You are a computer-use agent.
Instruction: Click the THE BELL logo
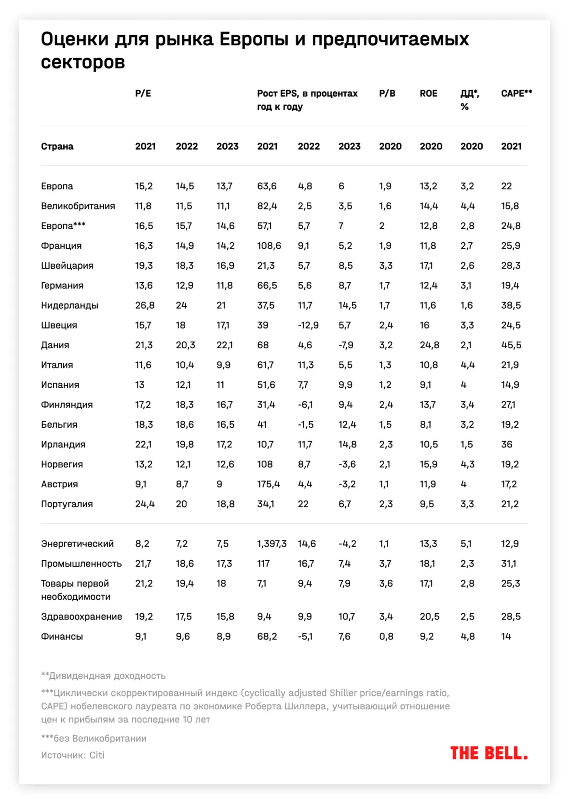(x=488, y=753)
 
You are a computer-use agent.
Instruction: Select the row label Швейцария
(x=67, y=265)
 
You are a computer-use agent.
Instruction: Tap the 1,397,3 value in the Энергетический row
(x=271, y=544)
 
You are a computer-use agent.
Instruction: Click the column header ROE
(x=428, y=93)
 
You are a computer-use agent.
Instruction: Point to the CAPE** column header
(x=516, y=93)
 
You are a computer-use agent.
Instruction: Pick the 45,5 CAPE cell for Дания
(x=511, y=345)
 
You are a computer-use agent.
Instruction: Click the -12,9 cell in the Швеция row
(x=308, y=325)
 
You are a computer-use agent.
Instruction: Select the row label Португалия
(x=67, y=504)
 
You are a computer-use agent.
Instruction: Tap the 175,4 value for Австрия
(x=268, y=484)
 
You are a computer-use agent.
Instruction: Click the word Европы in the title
(x=254, y=39)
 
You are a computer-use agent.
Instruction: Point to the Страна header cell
(x=57, y=146)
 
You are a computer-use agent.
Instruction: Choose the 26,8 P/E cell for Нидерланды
(x=145, y=305)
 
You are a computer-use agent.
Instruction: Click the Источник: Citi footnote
(x=72, y=755)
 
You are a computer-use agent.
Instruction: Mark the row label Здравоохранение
(x=81, y=616)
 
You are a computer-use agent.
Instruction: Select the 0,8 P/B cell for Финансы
(x=386, y=636)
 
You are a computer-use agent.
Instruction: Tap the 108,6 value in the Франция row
(x=269, y=246)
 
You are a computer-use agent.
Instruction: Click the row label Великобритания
(x=78, y=206)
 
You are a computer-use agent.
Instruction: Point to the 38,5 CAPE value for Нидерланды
(x=511, y=305)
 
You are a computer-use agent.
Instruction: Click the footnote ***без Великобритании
(x=94, y=738)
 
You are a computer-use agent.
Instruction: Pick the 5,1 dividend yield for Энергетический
(x=466, y=544)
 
